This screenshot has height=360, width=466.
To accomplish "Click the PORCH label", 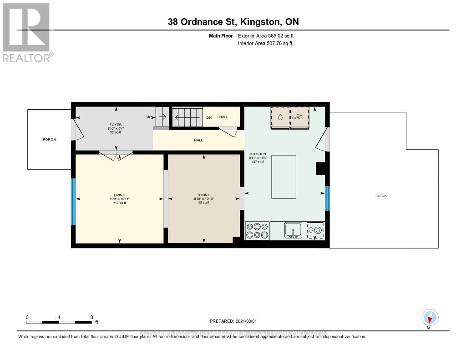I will click(x=49, y=139).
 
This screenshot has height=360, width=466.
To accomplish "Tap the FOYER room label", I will click(x=115, y=125).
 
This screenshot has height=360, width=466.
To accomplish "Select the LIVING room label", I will click(x=119, y=195).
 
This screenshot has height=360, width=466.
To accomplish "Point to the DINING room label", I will click(x=203, y=195).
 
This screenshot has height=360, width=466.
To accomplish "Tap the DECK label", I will click(x=381, y=196).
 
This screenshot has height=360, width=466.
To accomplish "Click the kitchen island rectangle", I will click(x=284, y=177).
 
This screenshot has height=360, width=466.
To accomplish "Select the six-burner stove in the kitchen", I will click(x=257, y=230).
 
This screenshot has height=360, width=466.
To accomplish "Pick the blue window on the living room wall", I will click(x=73, y=202).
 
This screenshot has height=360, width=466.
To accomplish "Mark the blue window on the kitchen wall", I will click(x=327, y=198).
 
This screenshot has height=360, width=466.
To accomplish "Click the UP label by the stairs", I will click(x=149, y=117).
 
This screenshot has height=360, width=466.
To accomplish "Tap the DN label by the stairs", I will click(x=209, y=117).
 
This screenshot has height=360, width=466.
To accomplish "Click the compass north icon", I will click(x=429, y=317).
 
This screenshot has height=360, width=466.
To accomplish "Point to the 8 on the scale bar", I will click(x=91, y=317).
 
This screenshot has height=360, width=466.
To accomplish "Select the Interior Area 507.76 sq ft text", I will click(x=265, y=44).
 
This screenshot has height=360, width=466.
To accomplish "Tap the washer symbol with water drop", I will click(x=280, y=117).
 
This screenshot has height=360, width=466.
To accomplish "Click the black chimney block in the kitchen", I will click(x=321, y=168).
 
